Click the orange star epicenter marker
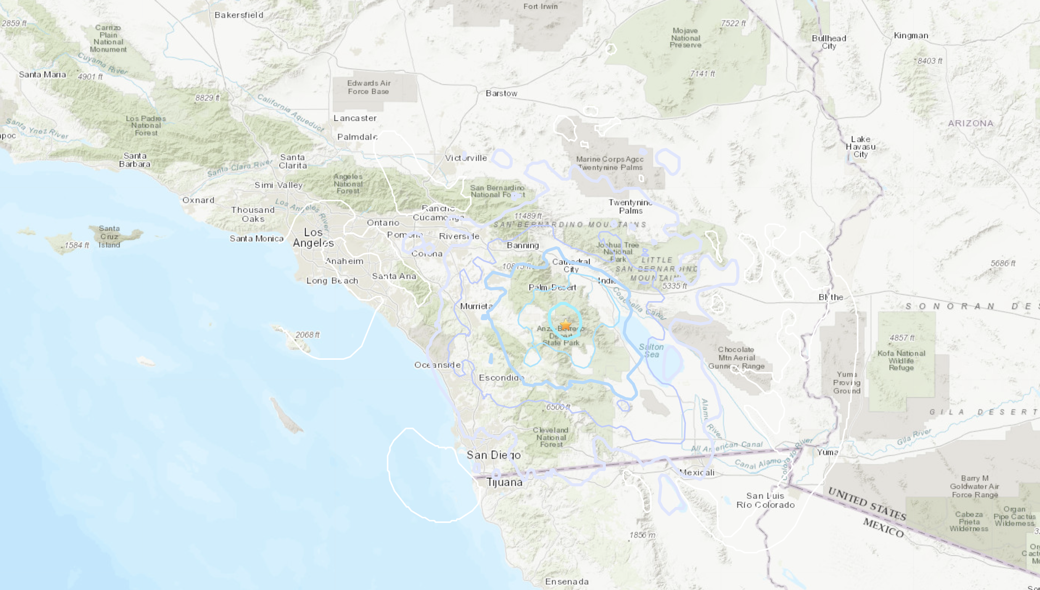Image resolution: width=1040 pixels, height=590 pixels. [x=565, y=325]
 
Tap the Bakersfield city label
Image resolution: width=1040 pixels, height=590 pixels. [x=239, y=15]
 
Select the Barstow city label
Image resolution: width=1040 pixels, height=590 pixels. [x=501, y=93]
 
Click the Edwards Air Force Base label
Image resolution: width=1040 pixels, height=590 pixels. [x=368, y=87]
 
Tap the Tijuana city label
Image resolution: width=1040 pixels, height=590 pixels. [x=504, y=482]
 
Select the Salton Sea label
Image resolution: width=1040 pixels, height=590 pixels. [x=651, y=351]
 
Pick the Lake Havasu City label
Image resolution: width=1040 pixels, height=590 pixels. [x=860, y=147]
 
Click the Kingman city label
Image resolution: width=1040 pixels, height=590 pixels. [x=911, y=36]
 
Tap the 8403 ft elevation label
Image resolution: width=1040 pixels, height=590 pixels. [x=930, y=61]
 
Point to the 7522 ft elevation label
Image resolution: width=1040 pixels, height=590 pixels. [x=733, y=23]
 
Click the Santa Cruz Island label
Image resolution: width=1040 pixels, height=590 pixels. [x=109, y=237]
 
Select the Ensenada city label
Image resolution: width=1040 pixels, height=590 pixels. [x=567, y=582]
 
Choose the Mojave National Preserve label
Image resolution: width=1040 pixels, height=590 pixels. [x=685, y=38]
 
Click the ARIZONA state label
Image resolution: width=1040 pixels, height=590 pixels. [x=971, y=123]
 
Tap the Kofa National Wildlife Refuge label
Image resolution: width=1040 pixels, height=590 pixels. [x=901, y=360]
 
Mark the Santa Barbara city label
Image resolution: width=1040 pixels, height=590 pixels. [x=135, y=160]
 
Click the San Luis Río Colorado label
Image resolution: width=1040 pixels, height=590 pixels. [x=765, y=500]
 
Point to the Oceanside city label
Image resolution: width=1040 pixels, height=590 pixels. [x=437, y=365]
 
